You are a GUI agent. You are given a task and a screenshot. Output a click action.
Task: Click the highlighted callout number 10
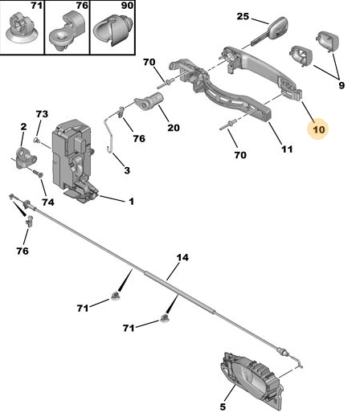click(319, 130)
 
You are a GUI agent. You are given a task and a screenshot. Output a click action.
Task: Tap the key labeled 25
click(271, 31)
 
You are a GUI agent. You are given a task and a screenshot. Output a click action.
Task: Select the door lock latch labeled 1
click(73, 161)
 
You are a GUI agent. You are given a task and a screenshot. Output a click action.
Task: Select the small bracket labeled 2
click(26, 157)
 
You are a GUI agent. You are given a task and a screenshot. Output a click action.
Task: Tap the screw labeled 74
click(39, 174)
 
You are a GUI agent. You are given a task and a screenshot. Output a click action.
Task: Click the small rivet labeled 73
click(36, 140)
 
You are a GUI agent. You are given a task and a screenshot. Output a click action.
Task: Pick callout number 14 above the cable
click(182, 258)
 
